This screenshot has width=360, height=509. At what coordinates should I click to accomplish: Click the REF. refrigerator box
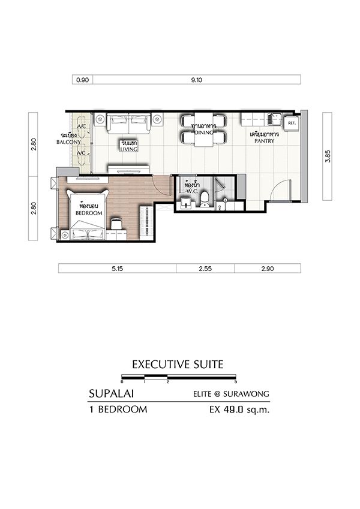291,123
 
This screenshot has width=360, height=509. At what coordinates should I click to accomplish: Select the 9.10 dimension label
197,80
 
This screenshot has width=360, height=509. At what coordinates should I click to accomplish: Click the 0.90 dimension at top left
83,80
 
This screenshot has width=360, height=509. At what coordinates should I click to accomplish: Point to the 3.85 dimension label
328,156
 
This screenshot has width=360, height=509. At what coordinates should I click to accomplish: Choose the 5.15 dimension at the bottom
117,269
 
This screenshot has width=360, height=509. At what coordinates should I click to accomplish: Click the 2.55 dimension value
205,269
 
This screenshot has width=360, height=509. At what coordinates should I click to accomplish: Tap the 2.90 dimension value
268,269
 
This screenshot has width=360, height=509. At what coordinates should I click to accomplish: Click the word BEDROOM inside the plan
89,213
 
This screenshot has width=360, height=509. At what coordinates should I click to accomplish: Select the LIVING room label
129,149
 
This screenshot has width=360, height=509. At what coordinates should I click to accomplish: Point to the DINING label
204,132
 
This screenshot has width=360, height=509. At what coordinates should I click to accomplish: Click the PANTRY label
264,141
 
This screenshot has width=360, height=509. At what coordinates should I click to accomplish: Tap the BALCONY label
68,142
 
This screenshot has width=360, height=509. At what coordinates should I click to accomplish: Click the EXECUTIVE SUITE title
178,365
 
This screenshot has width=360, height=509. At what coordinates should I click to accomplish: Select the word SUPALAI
112,394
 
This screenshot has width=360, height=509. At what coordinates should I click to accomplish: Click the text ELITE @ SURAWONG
232,394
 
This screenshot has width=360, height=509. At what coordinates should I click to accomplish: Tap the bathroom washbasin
186,203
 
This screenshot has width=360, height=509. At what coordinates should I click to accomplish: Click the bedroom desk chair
116,224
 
